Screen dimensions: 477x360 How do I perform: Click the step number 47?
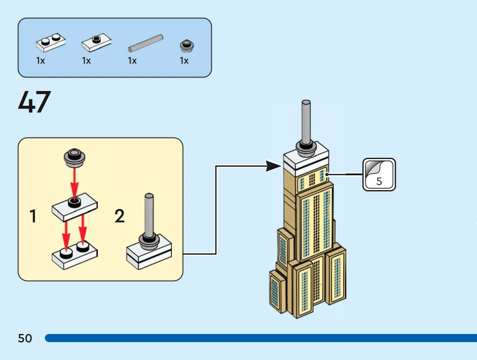pos(35,102)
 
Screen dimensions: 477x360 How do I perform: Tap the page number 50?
pos(25,338)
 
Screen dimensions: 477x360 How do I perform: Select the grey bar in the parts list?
pos(146,43)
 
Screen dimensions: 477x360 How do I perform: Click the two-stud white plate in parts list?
pos(51,42)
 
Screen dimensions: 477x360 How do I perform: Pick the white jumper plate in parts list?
pos(96,43)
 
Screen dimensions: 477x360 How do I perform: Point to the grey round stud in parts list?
pos(187,46)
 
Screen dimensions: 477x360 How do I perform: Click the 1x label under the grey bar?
pos(132,61)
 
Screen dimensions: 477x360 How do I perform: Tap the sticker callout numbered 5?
pos(379,174)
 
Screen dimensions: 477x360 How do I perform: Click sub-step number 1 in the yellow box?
pos(33,216)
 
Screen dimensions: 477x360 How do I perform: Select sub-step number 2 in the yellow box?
pos(119,216)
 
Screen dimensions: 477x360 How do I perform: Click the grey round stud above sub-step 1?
pos(74,157)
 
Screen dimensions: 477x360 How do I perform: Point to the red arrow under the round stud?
pos(74,182)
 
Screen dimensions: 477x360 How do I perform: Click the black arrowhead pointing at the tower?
pos(273,166)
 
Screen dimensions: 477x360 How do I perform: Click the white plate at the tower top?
pos(306,160)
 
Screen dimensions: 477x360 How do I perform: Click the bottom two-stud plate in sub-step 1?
pos(74,255)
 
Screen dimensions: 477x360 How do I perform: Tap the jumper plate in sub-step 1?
pos(74,207)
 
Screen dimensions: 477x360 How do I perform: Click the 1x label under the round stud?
pos(184,61)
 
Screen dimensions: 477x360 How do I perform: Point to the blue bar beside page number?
pos(261,338)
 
